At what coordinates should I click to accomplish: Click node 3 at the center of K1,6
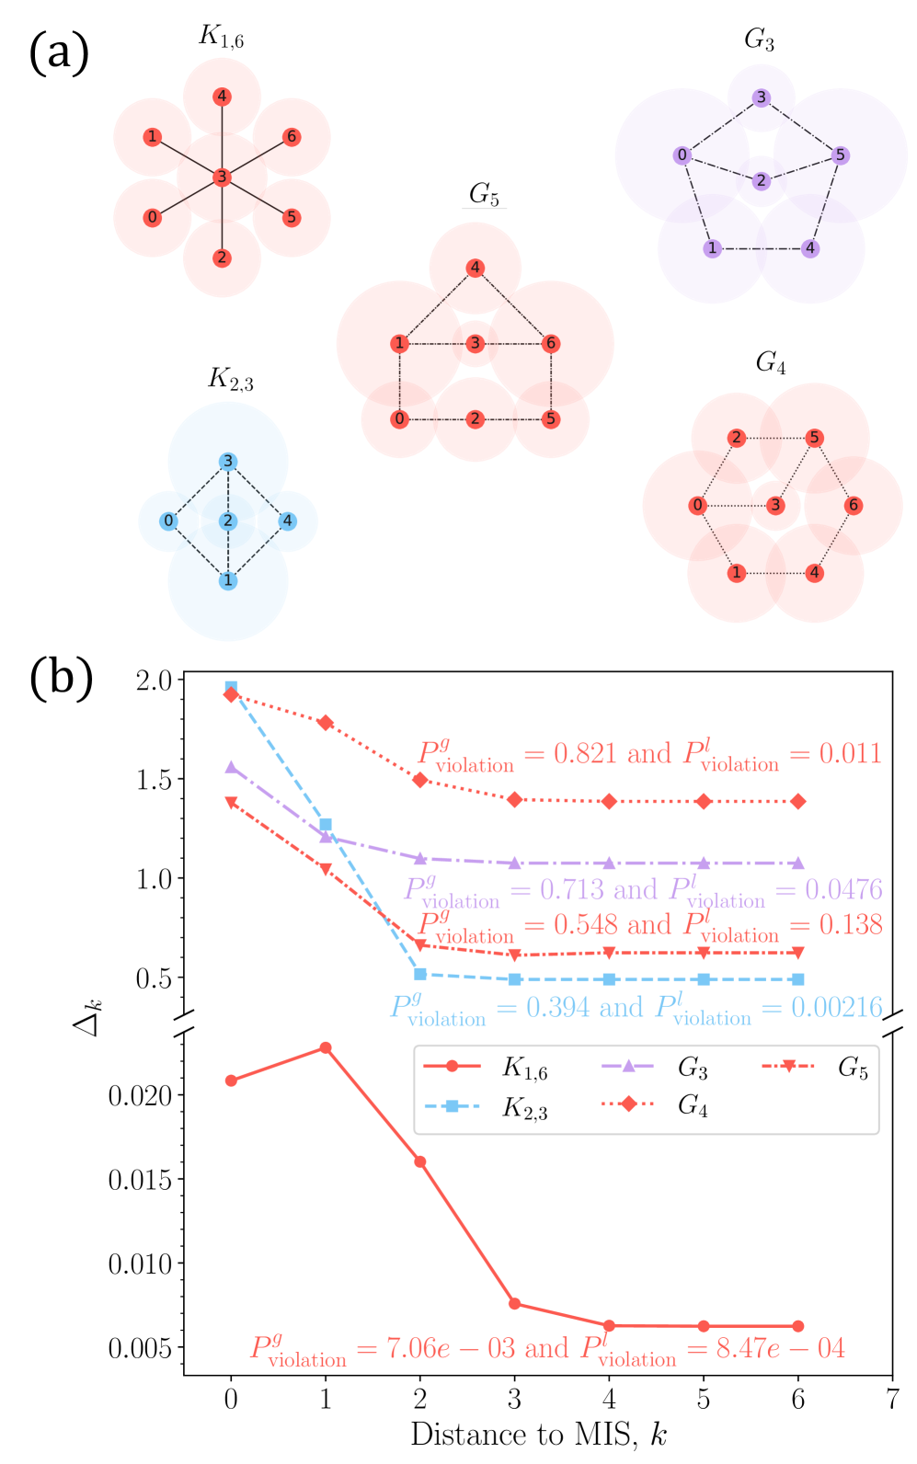pyautogui.click(x=222, y=177)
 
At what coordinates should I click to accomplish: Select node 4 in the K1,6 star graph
pyautogui.click(x=222, y=97)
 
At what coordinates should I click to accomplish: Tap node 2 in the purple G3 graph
pyautogui.click(x=761, y=181)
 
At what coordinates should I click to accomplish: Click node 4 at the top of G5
pyautogui.click(x=475, y=269)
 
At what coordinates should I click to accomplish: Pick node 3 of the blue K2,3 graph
pyautogui.click(x=228, y=462)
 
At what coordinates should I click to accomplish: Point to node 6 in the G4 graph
pyautogui.click(x=854, y=505)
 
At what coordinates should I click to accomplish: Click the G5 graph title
pyautogui.click(x=484, y=194)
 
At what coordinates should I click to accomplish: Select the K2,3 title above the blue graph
pyautogui.click(x=230, y=379)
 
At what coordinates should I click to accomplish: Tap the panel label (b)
pyautogui.click(x=61, y=679)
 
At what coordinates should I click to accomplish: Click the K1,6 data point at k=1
pyautogui.click(x=326, y=1047)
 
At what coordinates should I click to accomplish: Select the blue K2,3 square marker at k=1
pyautogui.click(x=326, y=825)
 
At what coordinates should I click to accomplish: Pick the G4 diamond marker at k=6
pyautogui.click(x=798, y=801)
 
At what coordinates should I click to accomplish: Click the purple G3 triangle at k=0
pyautogui.click(x=231, y=767)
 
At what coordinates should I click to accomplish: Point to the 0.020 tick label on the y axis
pyautogui.click(x=140, y=1095)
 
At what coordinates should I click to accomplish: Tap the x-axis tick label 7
pyautogui.click(x=892, y=1399)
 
